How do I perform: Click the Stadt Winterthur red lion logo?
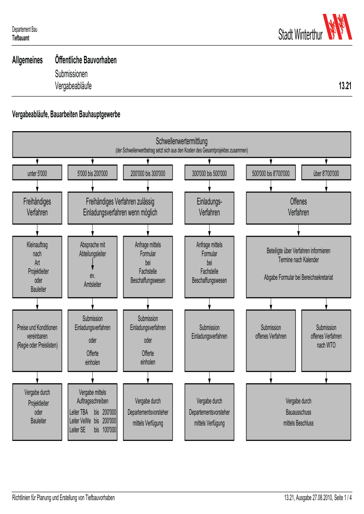click(x=337, y=27)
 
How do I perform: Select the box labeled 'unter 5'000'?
click(x=37, y=172)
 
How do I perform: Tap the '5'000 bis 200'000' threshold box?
click(x=92, y=172)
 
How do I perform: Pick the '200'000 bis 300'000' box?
click(x=148, y=172)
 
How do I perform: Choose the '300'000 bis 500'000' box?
click(x=209, y=172)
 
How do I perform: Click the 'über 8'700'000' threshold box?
click(x=326, y=172)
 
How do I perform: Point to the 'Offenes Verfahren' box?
click(x=298, y=208)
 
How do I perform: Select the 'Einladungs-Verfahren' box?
click(x=209, y=208)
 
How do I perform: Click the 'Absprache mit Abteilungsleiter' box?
click(x=92, y=267)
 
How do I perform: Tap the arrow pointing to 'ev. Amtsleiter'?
click(x=93, y=264)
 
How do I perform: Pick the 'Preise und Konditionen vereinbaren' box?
click(x=37, y=341)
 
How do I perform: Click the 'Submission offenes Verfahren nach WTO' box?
click(x=326, y=341)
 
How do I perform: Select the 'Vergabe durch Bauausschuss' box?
click(x=298, y=412)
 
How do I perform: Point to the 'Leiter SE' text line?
click(x=93, y=430)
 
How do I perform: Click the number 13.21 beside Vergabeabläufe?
click(x=345, y=85)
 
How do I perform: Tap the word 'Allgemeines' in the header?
click(x=27, y=60)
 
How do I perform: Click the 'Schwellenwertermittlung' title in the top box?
click(x=182, y=141)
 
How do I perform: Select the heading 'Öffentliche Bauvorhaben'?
click(x=86, y=60)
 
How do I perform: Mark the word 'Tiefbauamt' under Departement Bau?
click(x=21, y=38)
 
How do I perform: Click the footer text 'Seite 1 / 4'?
click(x=343, y=498)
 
